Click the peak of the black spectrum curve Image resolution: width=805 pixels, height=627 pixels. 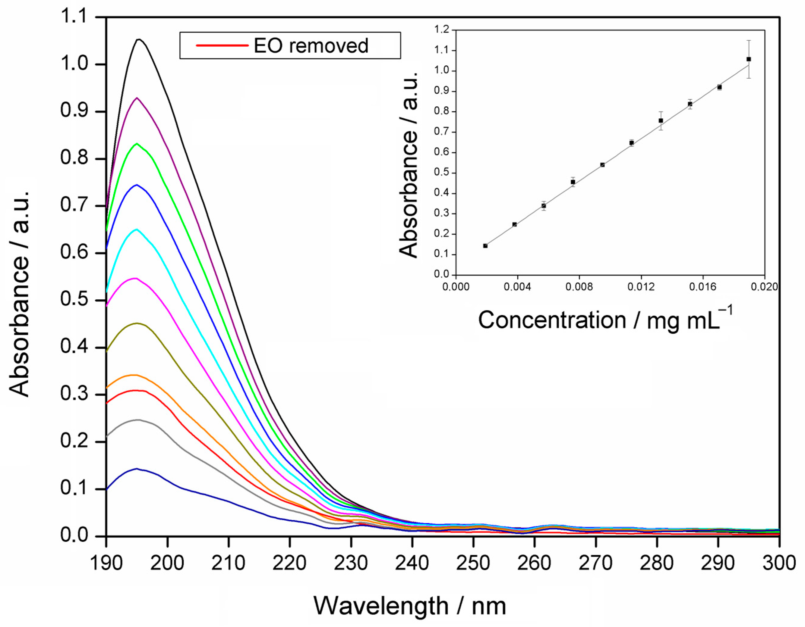click(x=139, y=39)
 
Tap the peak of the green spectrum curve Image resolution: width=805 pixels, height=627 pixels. click(x=137, y=143)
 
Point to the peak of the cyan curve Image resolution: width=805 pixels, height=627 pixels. click(x=137, y=229)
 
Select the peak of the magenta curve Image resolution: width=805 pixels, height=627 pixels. click(x=135, y=278)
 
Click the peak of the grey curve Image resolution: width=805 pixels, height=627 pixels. click(x=138, y=420)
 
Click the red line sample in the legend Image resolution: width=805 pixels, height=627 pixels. click(x=222, y=45)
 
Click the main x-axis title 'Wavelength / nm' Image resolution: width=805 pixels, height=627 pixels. click(x=409, y=606)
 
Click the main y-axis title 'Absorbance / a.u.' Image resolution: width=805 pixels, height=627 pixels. click(x=19, y=294)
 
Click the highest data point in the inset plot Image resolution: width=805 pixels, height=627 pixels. click(x=749, y=59)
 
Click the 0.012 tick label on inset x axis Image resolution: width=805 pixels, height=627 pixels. click(x=641, y=287)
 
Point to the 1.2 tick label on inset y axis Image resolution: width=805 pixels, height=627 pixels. click(x=443, y=30)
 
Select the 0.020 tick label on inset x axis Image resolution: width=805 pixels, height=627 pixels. click(x=764, y=287)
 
